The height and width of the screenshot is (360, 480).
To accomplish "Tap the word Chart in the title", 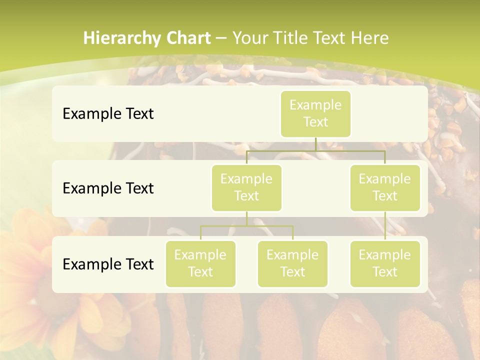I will (188, 38).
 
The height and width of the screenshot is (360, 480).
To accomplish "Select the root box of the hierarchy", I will (315, 113).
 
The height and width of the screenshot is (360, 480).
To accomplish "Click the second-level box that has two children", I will (246, 187).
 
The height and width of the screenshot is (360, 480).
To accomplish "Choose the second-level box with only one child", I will (385, 187).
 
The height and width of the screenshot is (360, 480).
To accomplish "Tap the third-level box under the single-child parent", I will (385, 263).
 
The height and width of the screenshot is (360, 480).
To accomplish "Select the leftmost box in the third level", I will (200, 263).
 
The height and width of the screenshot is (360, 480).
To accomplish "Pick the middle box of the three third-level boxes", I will (292, 263).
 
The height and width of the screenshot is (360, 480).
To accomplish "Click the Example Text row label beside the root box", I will (108, 113).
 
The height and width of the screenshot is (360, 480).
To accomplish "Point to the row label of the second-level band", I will (108, 188).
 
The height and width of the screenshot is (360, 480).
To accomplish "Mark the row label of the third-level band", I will (108, 264).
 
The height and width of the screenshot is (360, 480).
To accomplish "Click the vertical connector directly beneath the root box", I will (315, 144).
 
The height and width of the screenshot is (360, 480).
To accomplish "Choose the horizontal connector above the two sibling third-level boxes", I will (246, 226).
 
